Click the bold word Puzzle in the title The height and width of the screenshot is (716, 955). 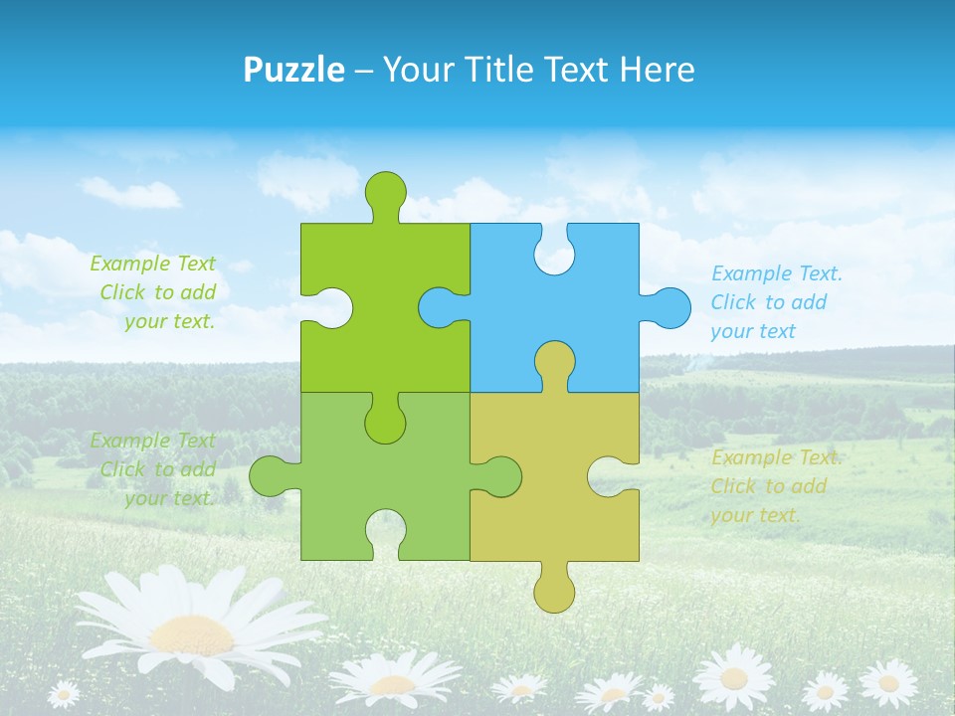[294, 70]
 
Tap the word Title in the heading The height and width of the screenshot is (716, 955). [490, 70]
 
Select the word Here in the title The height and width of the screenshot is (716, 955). [657, 70]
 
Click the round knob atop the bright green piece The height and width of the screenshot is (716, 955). [385, 191]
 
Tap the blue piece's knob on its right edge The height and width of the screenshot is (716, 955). [669, 307]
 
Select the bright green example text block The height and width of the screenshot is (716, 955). [154, 292]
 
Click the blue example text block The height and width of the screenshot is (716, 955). [776, 302]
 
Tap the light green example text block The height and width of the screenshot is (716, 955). [154, 469]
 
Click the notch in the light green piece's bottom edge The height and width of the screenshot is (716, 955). [385, 532]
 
